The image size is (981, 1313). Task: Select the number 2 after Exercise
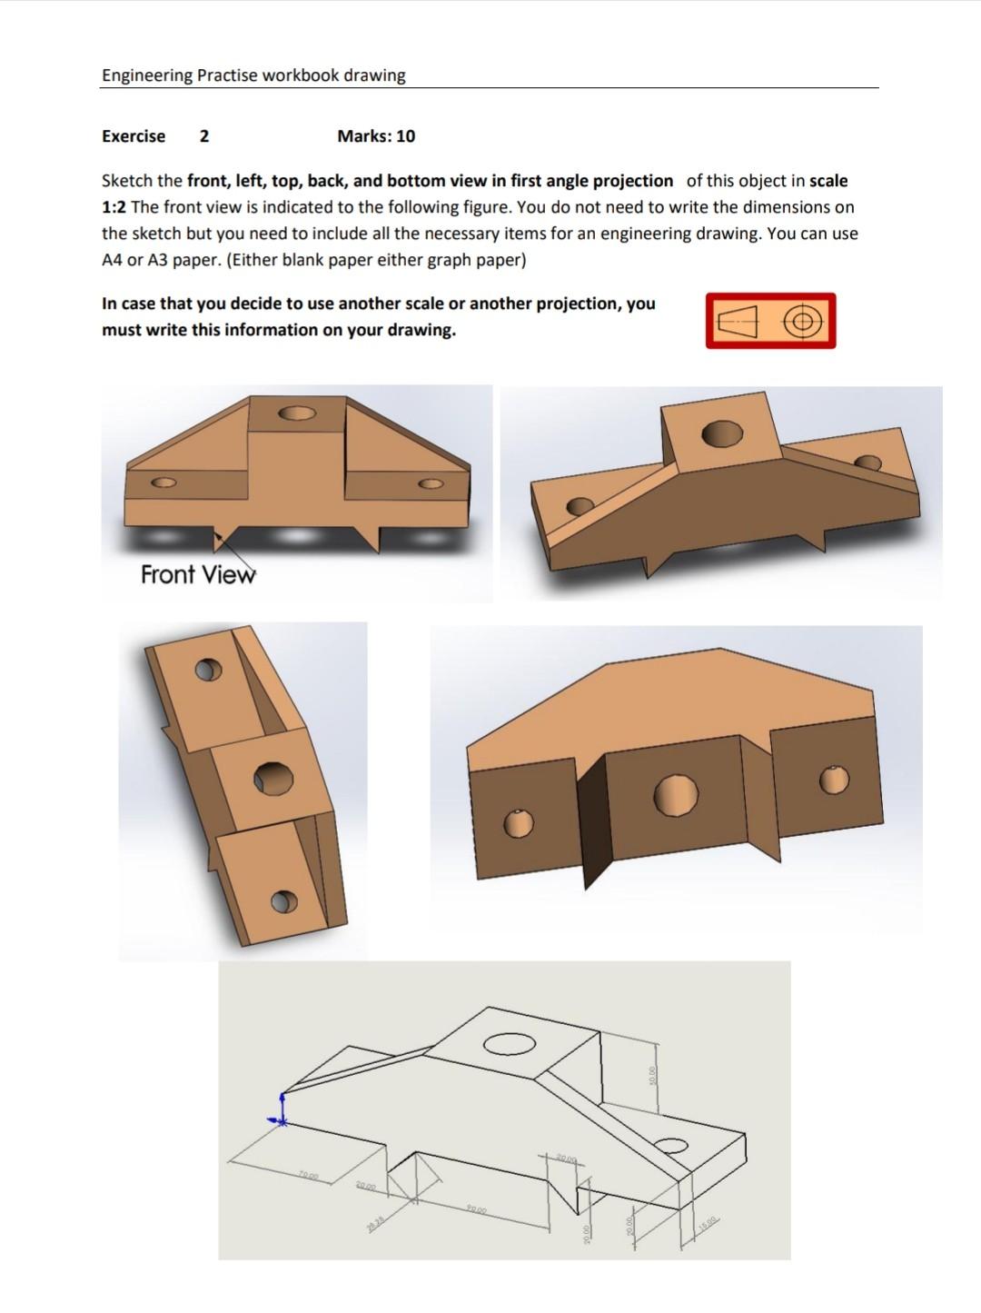(x=204, y=136)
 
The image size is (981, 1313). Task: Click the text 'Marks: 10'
(x=376, y=136)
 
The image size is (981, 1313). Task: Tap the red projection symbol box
(x=770, y=321)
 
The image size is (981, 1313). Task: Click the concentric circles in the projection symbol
(x=800, y=322)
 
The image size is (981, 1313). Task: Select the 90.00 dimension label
(x=477, y=1209)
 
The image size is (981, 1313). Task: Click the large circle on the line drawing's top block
(x=509, y=1044)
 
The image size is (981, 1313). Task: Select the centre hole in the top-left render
(x=298, y=413)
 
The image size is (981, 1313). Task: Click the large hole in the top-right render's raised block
(x=722, y=433)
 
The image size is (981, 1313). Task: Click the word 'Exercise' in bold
(x=134, y=136)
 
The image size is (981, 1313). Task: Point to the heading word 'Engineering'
(x=147, y=75)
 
